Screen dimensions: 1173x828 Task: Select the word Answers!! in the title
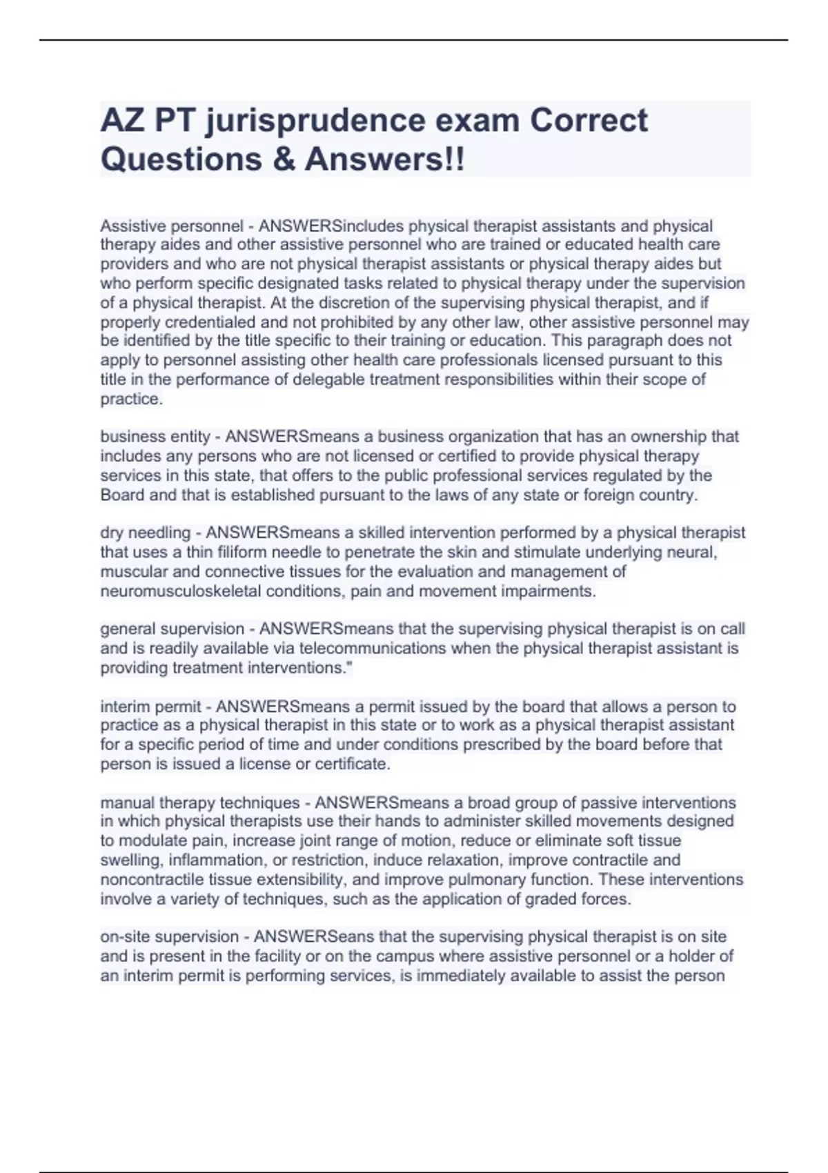[385, 159]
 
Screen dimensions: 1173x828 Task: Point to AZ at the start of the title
[122, 121]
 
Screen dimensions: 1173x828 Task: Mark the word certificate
[353, 764]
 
